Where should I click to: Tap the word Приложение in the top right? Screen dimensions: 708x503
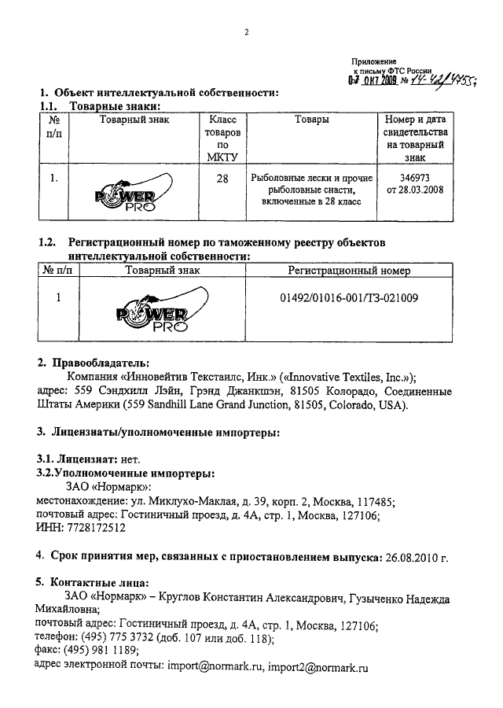374,61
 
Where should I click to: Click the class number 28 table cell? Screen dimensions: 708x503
222,179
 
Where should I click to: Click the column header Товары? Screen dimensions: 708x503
311,120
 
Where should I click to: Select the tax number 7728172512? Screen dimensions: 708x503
95,529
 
